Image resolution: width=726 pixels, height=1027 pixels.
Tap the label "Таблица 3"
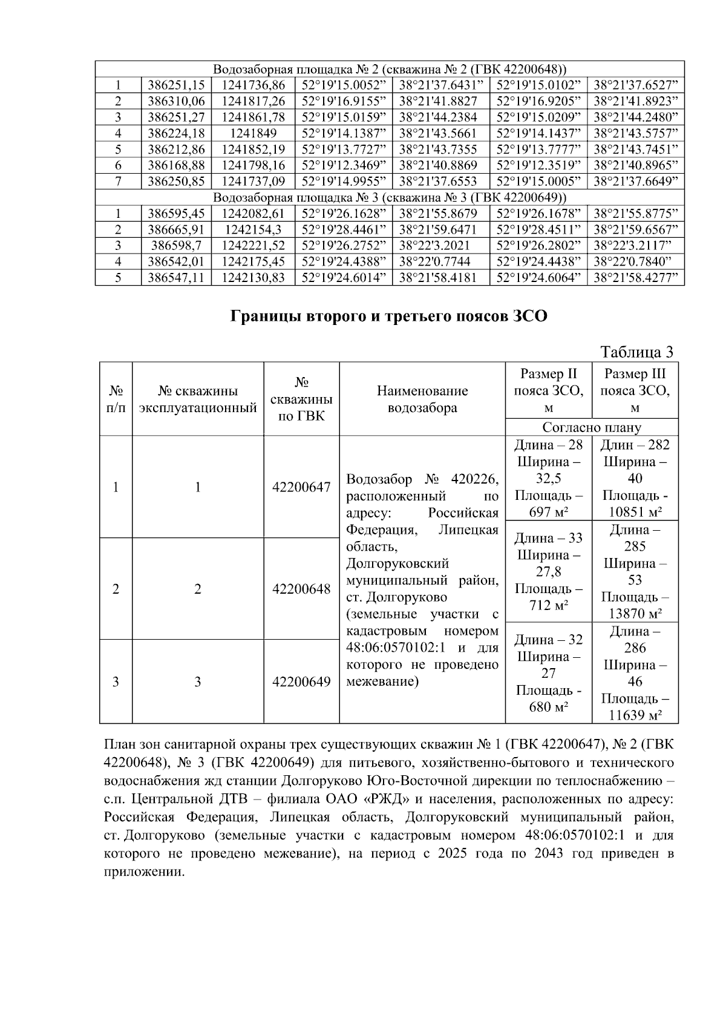[x=636, y=352]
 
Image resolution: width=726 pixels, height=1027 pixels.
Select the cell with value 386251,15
[x=176, y=85]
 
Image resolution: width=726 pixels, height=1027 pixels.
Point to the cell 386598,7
[x=176, y=246]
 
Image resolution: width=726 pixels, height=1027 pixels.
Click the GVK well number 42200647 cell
[x=301, y=487]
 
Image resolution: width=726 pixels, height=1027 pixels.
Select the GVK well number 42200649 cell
[x=301, y=682]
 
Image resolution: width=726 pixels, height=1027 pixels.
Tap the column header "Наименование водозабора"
[x=422, y=399]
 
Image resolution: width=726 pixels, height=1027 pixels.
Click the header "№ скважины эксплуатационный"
[x=198, y=399]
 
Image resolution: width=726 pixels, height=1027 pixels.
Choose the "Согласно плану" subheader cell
[x=591, y=427]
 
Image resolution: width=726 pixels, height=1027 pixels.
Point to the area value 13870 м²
[x=635, y=614]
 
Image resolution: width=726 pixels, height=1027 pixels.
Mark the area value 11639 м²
[x=635, y=715]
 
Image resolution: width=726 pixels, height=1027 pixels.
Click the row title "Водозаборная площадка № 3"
[x=390, y=197]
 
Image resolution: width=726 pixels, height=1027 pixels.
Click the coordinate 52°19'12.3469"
[x=343, y=165]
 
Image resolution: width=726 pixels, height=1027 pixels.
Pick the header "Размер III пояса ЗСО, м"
[x=635, y=391]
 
